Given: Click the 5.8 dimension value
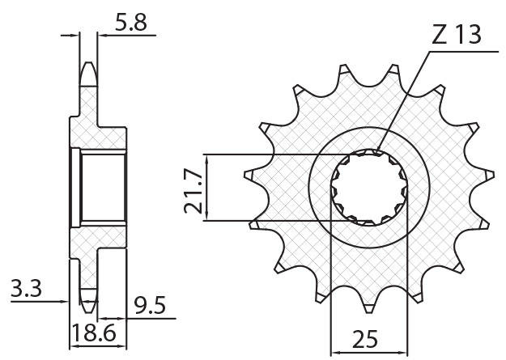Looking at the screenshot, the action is click(130, 23).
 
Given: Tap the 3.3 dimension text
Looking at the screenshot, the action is click(26, 288).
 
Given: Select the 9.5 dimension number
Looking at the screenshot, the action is click(150, 306).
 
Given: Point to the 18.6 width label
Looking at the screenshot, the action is click(94, 333).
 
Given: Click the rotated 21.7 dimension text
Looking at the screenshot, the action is click(193, 191).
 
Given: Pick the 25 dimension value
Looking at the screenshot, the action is click(365, 339).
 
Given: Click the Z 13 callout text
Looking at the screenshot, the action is click(457, 35).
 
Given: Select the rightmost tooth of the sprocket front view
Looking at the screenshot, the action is click(489, 176).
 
